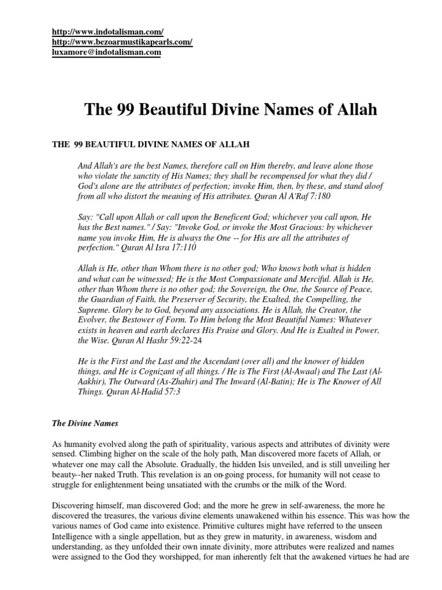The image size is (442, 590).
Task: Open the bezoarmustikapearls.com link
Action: pos(121,42)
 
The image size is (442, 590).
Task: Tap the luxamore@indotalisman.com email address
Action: pos(106,52)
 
